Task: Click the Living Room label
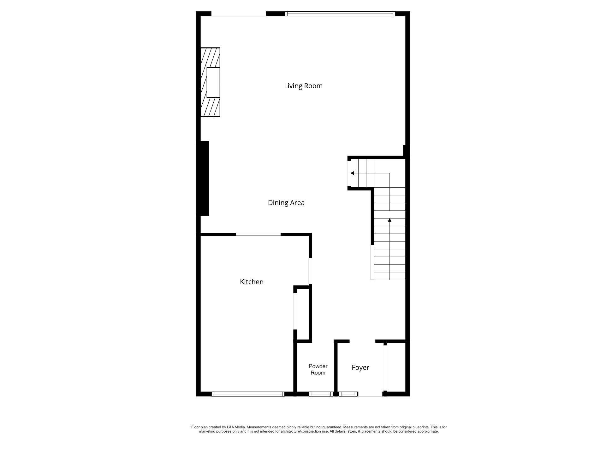[303, 86]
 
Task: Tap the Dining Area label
[286, 203]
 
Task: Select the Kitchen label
[252, 282]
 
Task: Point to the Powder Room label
[318, 370]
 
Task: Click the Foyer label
[360, 368]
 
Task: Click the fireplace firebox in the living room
[213, 82]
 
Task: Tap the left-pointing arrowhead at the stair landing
[352, 173]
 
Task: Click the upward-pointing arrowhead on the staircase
[390, 220]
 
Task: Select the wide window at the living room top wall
[340, 14]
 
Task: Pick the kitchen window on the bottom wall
[248, 394]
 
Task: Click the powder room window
[321, 394]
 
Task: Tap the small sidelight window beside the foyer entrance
[348, 394]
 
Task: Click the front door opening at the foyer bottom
[370, 394]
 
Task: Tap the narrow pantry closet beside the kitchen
[303, 314]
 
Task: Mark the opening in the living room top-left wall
[239, 14]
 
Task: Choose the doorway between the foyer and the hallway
[362, 341]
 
